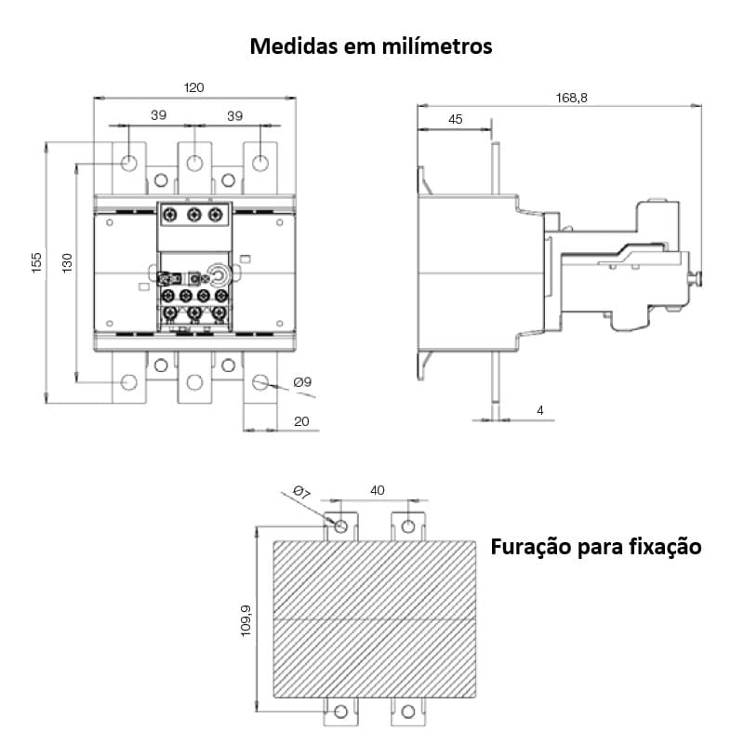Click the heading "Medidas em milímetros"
pyautogui.click(x=371, y=46)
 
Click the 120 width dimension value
pyautogui.click(x=193, y=87)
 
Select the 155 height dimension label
pyautogui.click(x=36, y=263)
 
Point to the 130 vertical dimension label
pyautogui.click(x=67, y=263)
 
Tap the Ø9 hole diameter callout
pyautogui.click(x=301, y=382)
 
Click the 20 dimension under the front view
pyautogui.click(x=301, y=420)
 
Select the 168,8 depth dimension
pyautogui.click(x=571, y=97)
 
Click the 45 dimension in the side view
pyautogui.click(x=455, y=120)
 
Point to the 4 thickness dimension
pyautogui.click(x=538, y=410)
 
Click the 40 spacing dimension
pyautogui.click(x=377, y=490)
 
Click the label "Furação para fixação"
pyautogui.click(x=595, y=547)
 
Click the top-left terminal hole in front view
pyautogui.click(x=129, y=164)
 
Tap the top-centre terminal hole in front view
pyautogui.click(x=193, y=164)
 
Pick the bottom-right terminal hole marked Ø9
pyautogui.click(x=260, y=381)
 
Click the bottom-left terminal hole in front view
pyautogui.click(x=129, y=381)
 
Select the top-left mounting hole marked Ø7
pyautogui.click(x=341, y=527)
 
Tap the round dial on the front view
pyautogui.click(x=219, y=276)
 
